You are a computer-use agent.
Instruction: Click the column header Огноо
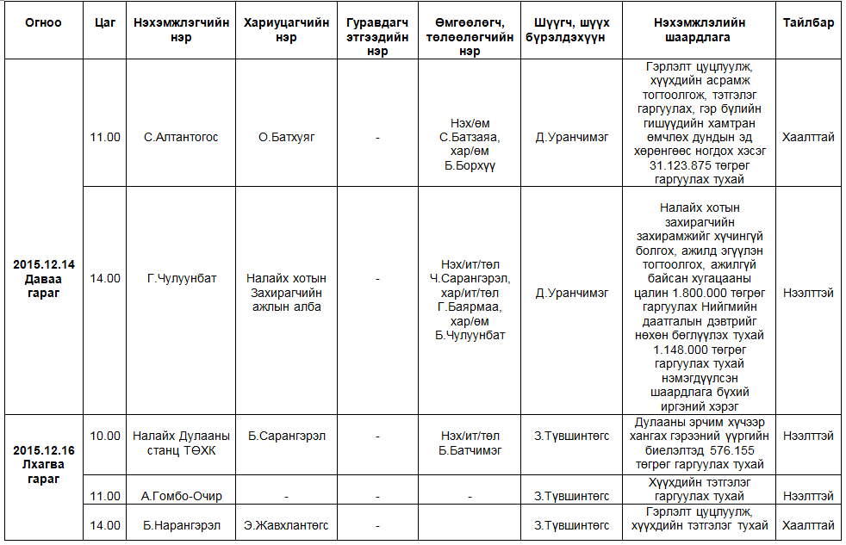(43, 23)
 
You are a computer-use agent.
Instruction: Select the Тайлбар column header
(807, 23)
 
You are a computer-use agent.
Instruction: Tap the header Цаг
(106, 23)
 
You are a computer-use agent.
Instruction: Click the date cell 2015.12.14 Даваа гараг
(43, 278)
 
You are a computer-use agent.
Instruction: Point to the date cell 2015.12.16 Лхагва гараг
(43, 464)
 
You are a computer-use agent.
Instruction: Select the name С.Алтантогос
(181, 137)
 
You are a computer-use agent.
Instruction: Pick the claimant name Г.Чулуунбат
(181, 278)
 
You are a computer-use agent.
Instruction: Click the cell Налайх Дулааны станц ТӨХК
(181, 443)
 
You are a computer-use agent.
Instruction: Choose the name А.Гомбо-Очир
(181, 496)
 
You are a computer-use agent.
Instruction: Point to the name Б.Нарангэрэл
(181, 525)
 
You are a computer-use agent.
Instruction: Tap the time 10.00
(106, 436)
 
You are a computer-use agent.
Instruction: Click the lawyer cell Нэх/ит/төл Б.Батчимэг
(470, 443)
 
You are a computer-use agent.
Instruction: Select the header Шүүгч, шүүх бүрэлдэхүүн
(570, 30)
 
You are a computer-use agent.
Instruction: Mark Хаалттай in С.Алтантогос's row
(807, 137)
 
